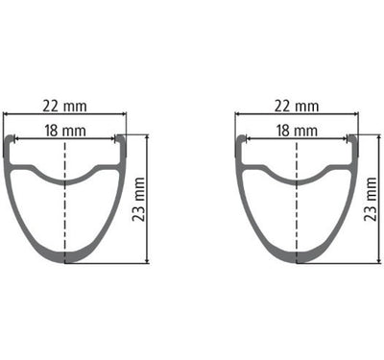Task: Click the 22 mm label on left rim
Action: pyautogui.click(x=63, y=103)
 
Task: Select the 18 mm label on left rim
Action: pyautogui.click(x=63, y=128)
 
